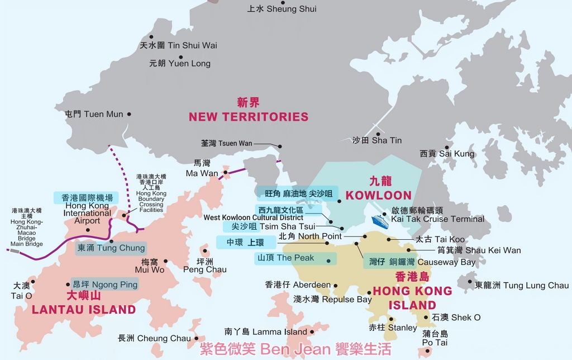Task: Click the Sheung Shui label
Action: tap(282, 9)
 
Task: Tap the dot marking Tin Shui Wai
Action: tap(151, 37)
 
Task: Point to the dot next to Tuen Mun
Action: tap(129, 114)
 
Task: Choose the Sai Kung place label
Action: tap(447, 154)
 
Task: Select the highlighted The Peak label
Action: tap(295, 258)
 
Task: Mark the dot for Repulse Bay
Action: tap(369, 292)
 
